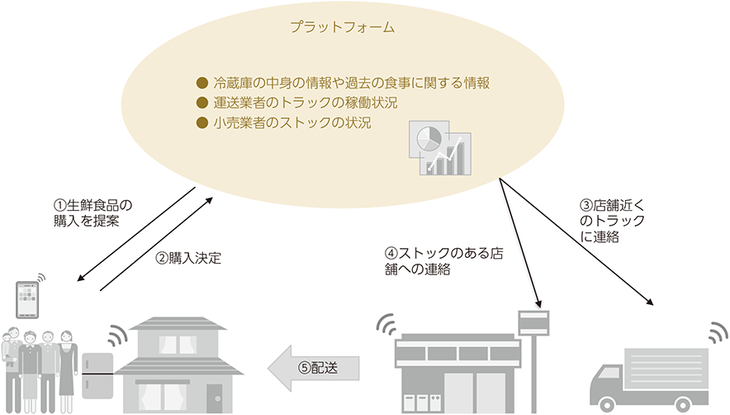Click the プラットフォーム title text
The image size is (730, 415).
point(343,27)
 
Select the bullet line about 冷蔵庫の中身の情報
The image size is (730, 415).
point(344,83)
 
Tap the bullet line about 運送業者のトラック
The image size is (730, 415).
point(297,103)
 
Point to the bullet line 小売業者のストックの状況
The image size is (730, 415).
point(284,122)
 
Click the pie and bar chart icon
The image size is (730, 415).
point(440,148)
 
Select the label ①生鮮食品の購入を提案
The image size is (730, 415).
point(92,213)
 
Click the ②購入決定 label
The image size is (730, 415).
point(188,258)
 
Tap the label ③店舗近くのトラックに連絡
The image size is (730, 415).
point(612,221)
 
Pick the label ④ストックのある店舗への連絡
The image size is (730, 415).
point(444,261)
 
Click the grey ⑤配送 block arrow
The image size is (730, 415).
point(313,368)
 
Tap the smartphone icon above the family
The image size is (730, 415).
point(27,300)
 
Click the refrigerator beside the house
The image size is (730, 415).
point(97,376)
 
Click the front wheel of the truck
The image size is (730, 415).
point(608,405)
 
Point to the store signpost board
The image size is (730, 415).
point(533,322)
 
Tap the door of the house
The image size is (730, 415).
point(214,398)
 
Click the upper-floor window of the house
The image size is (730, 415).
point(178,345)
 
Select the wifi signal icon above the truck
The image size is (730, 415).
point(718,332)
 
